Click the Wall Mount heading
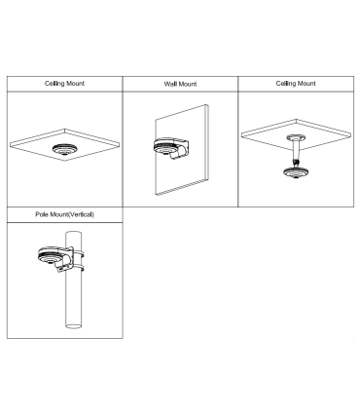pyautogui.click(x=179, y=86)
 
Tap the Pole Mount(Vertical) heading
pyautogui.click(x=63, y=213)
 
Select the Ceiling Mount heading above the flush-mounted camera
pyautogui.click(x=63, y=85)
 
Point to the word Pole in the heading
pyautogui.click(x=42, y=213)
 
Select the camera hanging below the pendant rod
pyautogui.click(x=290, y=173)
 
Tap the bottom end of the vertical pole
pyautogui.click(x=72, y=324)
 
